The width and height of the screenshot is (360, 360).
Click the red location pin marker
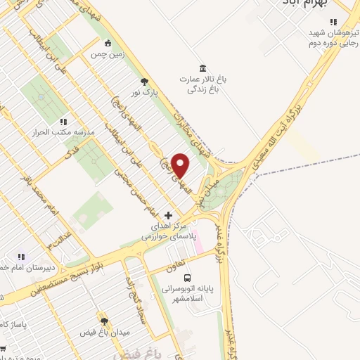(x=181, y=165)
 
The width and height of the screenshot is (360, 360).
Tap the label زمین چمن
(x=106, y=54)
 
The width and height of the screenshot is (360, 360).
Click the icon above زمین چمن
(x=107, y=42)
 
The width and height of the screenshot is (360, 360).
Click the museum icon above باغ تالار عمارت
(x=203, y=67)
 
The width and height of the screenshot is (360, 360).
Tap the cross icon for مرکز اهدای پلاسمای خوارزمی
(x=167, y=214)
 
